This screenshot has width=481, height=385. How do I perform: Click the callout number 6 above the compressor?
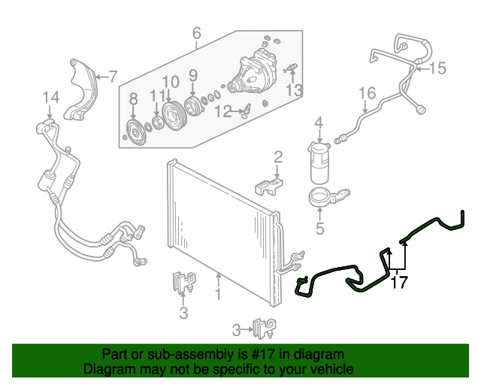pyautogui.click(x=197, y=33)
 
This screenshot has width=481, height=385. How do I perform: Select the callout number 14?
pyautogui.click(x=50, y=97)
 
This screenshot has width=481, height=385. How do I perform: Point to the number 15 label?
pyautogui.click(x=437, y=68)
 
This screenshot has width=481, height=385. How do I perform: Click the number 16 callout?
pyautogui.click(x=366, y=94)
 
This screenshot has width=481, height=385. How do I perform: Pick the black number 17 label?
pyautogui.click(x=398, y=283)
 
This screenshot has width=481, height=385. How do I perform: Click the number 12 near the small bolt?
pyautogui.click(x=222, y=111)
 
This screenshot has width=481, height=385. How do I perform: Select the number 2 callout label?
pyautogui.click(x=277, y=156)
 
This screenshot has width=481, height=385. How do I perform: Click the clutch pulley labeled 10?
pyautogui.click(x=171, y=111)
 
